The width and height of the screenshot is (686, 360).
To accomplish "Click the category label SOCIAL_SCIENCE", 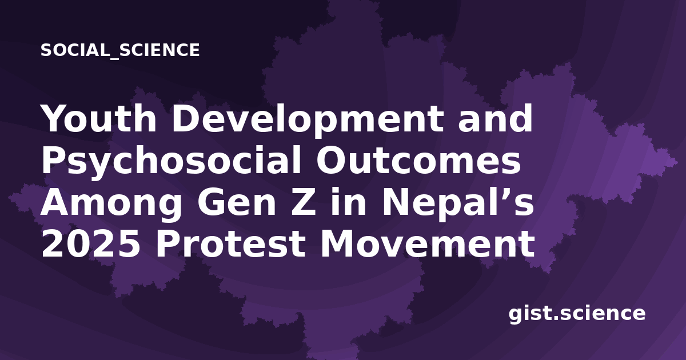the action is pyautogui.click(x=120, y=50).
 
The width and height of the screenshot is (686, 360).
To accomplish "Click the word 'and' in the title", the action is pyautogui.click(x=495, y=118).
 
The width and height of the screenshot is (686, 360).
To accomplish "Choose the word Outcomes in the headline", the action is pyautogui.click(x=418, y=161).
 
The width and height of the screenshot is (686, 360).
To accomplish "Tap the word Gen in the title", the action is pyautogui.click(x=237, y=203).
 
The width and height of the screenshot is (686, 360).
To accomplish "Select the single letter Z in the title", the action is pyautogui.click(x=303, y=203).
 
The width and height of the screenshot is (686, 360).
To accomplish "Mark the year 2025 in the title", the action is pyautogui.click(x=91, y=245).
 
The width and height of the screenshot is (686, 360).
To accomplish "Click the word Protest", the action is pyautogui.click(x=230, y=245).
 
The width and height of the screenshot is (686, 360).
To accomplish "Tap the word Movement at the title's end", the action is pyautogui.click(x=428, y=245).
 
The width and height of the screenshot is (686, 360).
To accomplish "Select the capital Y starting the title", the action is pyautogui.click(x=55, y=118).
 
